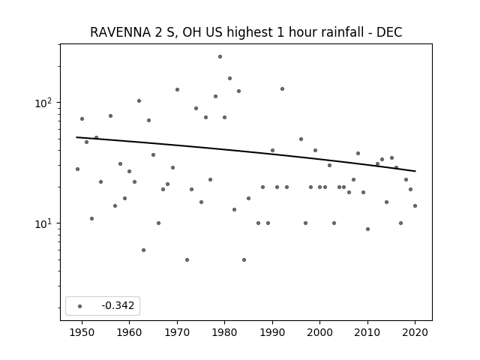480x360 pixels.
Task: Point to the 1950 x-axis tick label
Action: coord(82,332)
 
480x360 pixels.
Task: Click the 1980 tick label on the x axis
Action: coord(224,332)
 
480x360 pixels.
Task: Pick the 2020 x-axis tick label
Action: coord(415,332)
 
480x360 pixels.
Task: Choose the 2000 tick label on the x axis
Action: coord(319,332)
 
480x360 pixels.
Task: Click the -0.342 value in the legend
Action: coord(118,305)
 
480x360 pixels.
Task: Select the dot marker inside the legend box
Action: coord(80,306)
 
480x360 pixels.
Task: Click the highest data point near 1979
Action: coord(220,57)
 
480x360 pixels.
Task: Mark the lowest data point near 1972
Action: coord(187,260)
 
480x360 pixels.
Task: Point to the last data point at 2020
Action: coord(415,205)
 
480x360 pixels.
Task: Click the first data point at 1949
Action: coord(77,169)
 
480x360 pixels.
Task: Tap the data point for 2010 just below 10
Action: coord(367,229)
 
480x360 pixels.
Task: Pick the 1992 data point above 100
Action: coord(282,88)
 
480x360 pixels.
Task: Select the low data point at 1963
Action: coord(143,250)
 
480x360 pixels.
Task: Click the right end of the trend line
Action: coord(415,171)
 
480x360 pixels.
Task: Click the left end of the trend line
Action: coord(76,137)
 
